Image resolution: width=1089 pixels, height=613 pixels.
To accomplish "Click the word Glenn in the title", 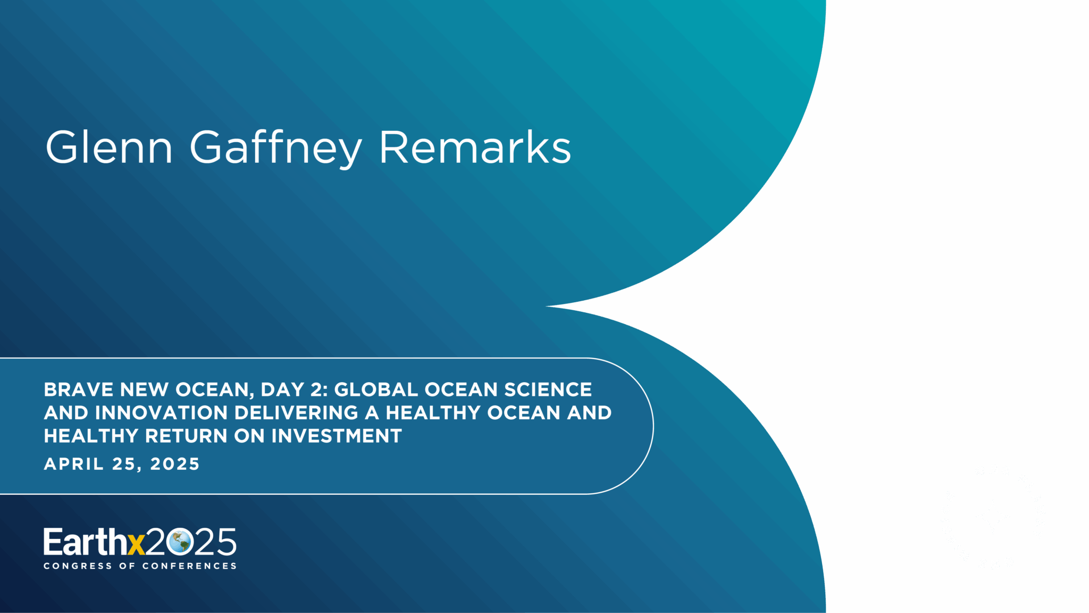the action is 109,147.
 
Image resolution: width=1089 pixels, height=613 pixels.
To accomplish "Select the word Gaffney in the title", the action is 276,149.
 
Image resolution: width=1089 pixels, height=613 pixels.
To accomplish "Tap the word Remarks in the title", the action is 475,147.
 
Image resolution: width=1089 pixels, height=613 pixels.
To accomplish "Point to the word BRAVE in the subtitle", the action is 79,390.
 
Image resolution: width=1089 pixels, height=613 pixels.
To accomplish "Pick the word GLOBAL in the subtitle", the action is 376,390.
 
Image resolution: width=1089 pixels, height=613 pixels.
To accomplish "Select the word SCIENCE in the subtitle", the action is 548,390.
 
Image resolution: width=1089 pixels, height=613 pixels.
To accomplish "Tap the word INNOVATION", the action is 162,413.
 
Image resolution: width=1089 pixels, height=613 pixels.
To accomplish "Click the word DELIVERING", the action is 297,413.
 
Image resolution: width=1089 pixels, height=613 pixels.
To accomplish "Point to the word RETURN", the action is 187,436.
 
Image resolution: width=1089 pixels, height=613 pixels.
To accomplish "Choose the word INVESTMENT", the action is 337,436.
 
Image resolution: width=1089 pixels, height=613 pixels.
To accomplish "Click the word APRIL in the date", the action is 74,464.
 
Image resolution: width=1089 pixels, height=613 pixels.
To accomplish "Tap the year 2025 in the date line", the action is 175,464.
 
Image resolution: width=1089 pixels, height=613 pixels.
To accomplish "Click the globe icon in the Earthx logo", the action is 179,542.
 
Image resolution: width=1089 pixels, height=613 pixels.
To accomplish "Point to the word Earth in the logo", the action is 86,542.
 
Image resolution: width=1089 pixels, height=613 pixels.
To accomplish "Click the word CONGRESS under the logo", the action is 78,566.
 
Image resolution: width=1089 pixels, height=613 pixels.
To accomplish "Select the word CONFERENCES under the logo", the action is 189,566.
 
